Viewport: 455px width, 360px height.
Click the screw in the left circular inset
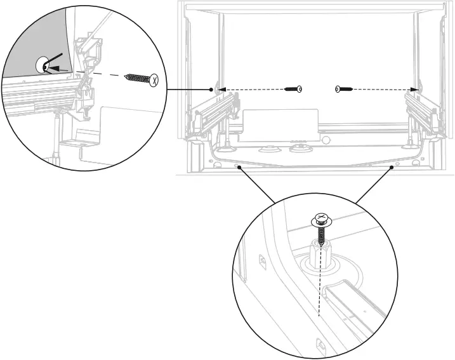[x=142, y=79]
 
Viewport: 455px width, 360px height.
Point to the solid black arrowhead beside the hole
[x=55, y=67]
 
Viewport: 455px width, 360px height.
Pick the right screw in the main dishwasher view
[x=343, y=90]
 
